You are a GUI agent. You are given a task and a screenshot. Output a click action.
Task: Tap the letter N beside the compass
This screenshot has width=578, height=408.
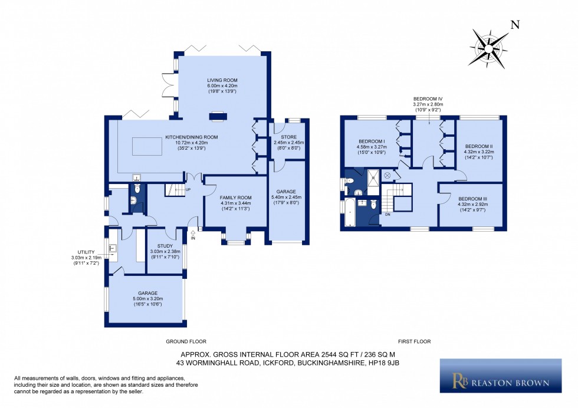click(515, 25)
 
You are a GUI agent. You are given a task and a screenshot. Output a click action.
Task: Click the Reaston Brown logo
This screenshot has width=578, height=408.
click(501, 376)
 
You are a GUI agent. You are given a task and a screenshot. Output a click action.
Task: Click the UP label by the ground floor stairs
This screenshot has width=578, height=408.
click(188, 190)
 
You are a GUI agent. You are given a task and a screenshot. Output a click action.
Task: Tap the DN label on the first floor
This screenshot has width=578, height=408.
click(387, 215)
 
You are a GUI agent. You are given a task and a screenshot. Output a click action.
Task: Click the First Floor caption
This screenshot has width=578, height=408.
click(415, 341)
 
